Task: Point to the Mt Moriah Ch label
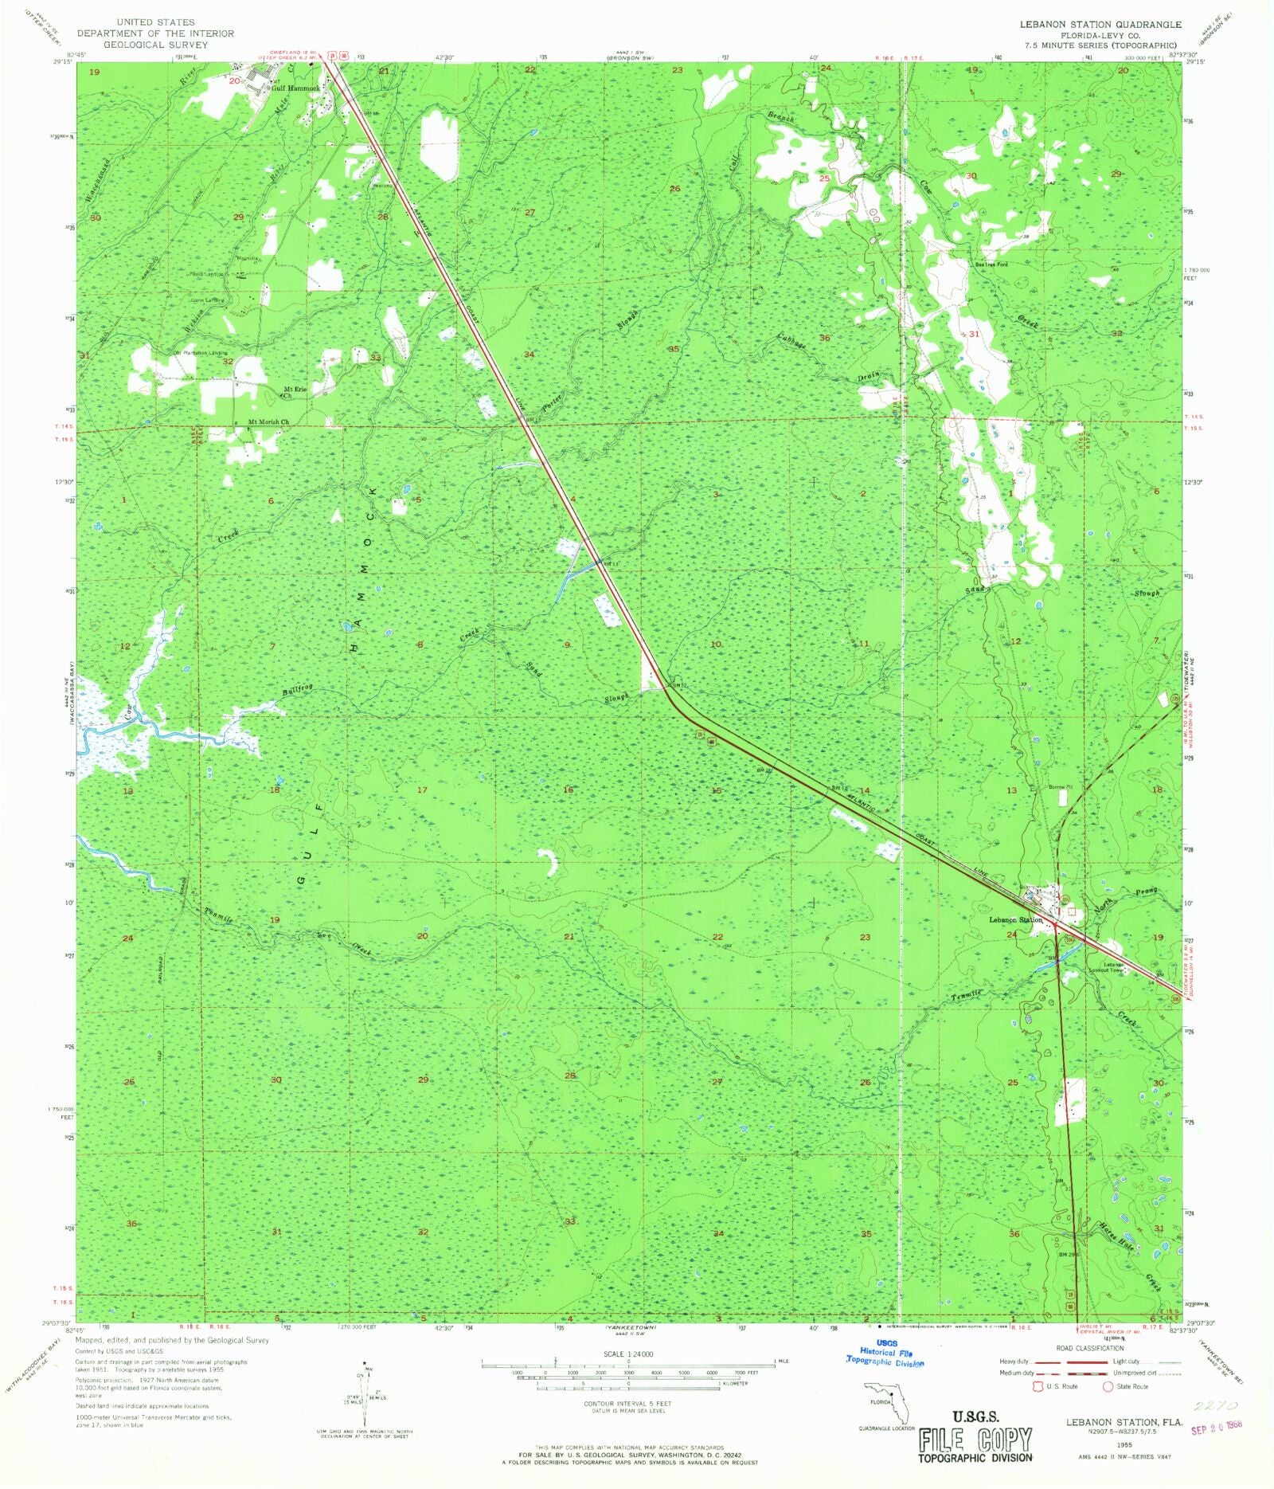[x=268, y=422]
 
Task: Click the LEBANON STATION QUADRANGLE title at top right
[x=1100, y=25]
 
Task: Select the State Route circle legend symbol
[x=1107, y=1386]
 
